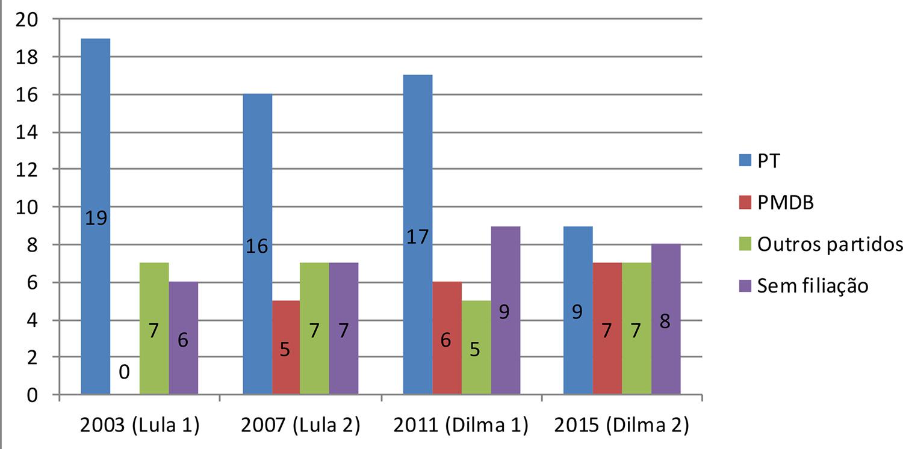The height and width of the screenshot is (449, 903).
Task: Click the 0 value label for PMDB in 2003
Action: (124, 373)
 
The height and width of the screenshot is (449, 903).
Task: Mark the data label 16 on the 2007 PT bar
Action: (257, 246)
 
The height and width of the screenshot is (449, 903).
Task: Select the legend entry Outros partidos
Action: (830, 244)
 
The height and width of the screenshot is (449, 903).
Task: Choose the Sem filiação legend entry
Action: (813, 285)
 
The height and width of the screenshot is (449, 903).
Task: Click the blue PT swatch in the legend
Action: (746, 161)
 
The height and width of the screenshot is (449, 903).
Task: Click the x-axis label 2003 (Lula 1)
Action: (139, 426)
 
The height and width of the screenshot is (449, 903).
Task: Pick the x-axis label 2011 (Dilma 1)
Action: (461, 426)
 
